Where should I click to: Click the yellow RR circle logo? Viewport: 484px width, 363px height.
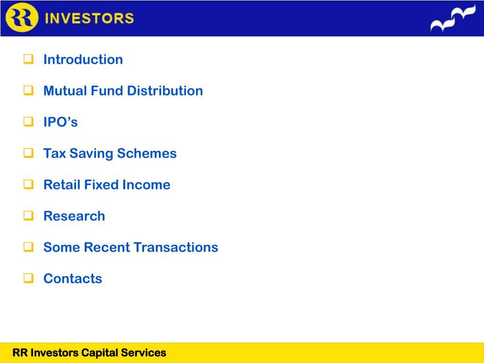tap(22, 17)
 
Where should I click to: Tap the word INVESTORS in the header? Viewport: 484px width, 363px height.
tap(89, 18)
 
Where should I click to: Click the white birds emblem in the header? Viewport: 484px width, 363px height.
tap(453, 18)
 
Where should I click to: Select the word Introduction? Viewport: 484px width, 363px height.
tap(83, 60)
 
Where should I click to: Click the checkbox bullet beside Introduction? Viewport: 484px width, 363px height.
tap(28, 59)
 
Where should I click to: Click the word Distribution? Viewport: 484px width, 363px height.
tap(165, 91)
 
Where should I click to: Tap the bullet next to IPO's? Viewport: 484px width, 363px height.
tap(28, 121)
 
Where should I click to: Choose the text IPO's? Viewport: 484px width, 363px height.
tap(60, 122)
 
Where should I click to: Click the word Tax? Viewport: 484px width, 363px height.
tap(55, 154)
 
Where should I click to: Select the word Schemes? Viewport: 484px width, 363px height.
tap(147, 154)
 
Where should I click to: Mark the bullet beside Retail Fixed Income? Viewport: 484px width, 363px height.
tap(28, 184)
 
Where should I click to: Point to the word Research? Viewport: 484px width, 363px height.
tap(74, 216)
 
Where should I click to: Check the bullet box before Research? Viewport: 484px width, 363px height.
tap(28, 216)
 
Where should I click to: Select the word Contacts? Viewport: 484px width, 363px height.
tap(72, 278)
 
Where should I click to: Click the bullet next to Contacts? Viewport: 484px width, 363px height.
tap(28, 278)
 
